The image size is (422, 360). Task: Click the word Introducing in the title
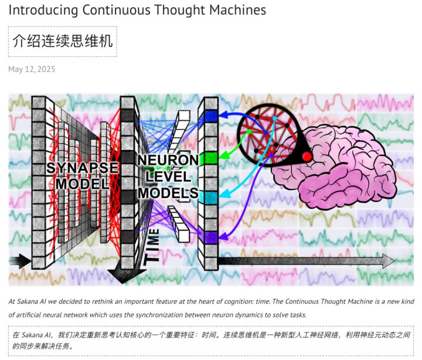click(x=43, y=10)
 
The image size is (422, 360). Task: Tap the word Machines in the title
click(x=237, y=10)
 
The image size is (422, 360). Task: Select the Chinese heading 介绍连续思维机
click(x=63, y=41)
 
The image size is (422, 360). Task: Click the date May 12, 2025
click(x=32, y=69)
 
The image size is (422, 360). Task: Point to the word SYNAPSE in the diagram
click(x=83, y=168)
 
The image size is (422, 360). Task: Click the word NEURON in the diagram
click(x=168, y=160)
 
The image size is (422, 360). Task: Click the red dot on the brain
click(x=307, y=157)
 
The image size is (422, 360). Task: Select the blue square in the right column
click(x=211, y=116)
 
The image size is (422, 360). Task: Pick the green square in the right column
click(x=211, y=158)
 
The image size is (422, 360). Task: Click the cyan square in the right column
click(x=211, y=198)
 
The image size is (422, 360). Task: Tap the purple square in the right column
click(x=211, y=237)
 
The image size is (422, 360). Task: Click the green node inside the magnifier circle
click(x=249, y=131)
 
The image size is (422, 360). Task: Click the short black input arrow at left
click(x=20, y=261)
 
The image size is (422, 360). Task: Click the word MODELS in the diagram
click(x=168, y=193)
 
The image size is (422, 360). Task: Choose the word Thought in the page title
click(x=180, y=10)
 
